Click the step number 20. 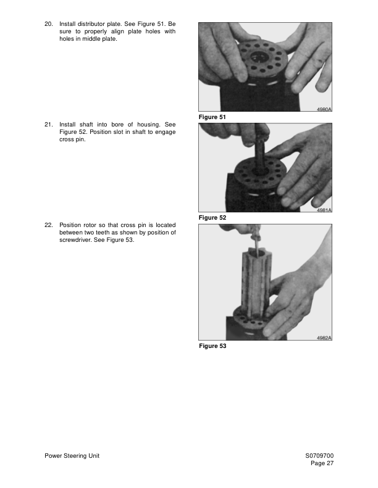(48, 23)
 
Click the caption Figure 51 (212, 117)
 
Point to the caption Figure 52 (212, 218)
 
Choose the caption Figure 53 (212, 346)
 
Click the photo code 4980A (324, 109)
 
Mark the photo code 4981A (324, 210)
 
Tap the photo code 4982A (324, 338)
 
